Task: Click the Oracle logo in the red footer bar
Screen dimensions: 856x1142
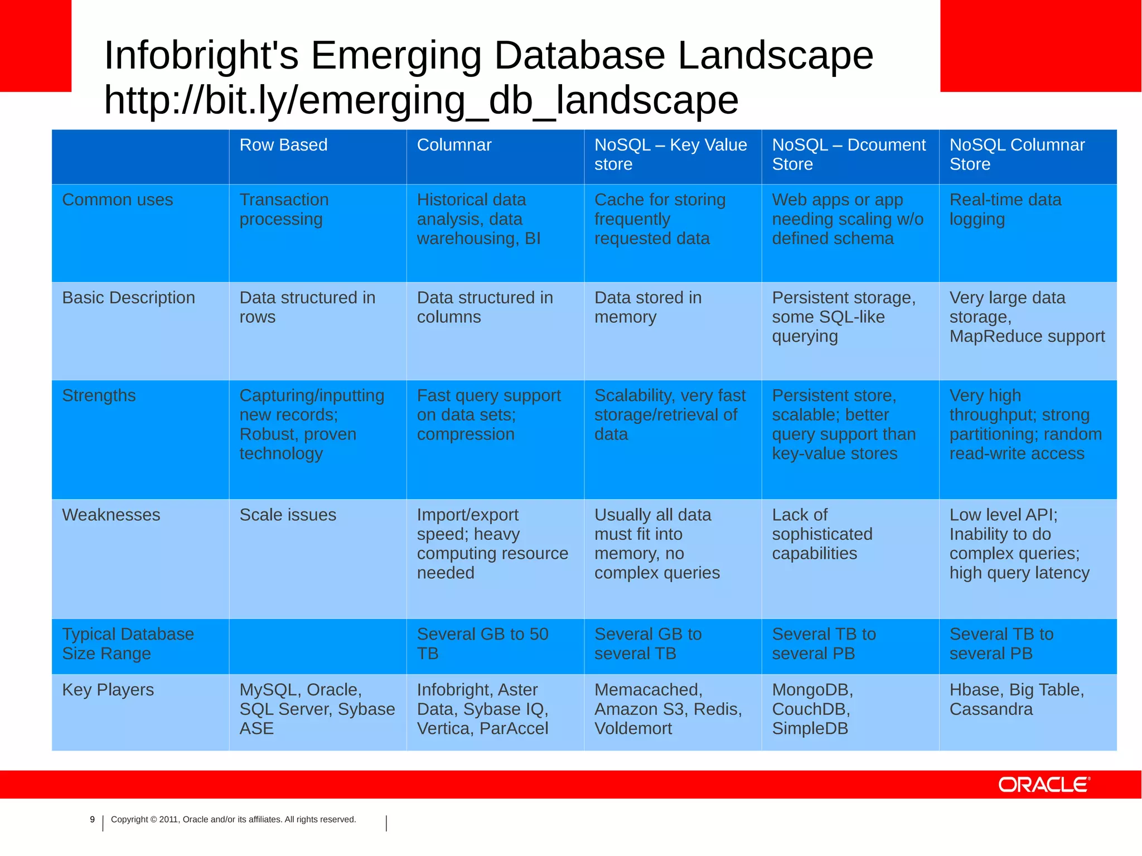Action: (1043, 785)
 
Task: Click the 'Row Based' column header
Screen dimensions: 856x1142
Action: (283, 145)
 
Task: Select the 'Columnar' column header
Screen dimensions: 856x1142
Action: (454, 145)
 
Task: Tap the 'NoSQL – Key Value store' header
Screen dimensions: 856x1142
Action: (670, 154)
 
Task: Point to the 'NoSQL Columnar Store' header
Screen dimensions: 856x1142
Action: (1017, 154)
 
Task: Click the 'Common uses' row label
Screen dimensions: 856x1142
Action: (118, 200)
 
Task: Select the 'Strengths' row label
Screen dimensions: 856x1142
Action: (99, 395)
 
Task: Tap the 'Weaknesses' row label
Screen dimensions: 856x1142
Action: (111, 515)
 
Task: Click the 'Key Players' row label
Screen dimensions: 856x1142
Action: (108, 690)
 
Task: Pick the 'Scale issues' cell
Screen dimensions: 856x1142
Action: (288, 515)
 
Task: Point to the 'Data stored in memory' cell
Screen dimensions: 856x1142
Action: (647, 307)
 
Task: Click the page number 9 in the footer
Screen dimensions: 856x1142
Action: (93, 819)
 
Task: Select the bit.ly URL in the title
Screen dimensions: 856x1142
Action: (421, 100)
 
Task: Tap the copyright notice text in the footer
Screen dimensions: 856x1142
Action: (233, 819)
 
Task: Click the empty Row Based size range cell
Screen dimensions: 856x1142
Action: (318, 646)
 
